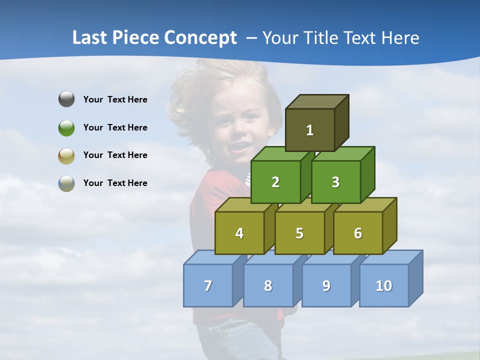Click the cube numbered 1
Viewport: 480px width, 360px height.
[310, 130]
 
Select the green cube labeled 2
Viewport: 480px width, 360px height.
[275, 182]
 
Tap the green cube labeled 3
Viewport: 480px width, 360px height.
[335, 182]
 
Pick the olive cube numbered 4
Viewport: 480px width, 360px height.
[239, 233]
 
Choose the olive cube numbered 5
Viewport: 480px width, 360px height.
[299, 233]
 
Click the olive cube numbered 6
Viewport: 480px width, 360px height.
[358, 233]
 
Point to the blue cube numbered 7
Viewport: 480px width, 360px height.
[208, 285]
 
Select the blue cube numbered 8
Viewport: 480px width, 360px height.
[268, 285]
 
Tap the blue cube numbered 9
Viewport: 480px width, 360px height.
[326, 285]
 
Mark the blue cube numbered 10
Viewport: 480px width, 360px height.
[383, 285]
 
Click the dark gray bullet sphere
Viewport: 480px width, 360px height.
[66, 99]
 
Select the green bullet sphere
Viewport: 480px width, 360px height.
[66, 127]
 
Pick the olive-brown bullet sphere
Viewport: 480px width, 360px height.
[66, 155]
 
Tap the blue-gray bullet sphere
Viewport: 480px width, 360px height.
[66, 183]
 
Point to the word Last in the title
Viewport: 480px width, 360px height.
[90, 38]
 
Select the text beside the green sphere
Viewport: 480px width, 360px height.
[115, 127]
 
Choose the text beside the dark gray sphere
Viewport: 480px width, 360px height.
[115, 99]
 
